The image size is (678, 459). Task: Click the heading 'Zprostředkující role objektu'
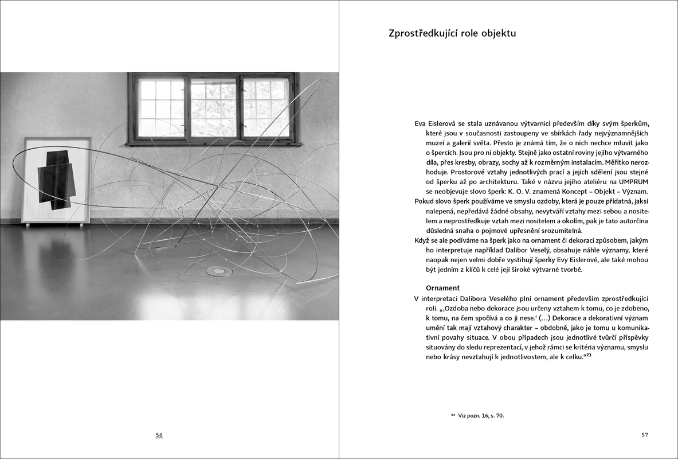[x=452, y=33]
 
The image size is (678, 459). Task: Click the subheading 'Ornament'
[x=443, y=287]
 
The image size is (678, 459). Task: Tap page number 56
[x=159, y=435]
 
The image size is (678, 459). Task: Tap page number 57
[x=645, y=435]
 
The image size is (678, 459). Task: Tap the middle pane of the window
[x=213, y=108]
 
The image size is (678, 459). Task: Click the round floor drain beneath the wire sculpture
[x=219, y=270]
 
